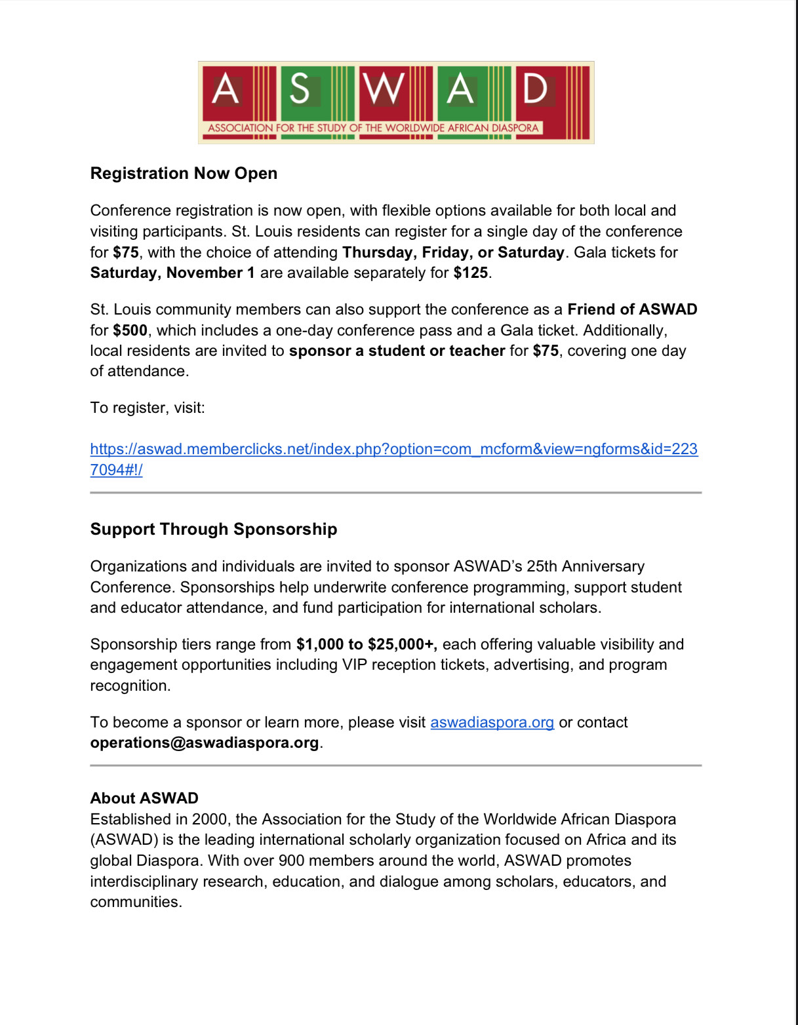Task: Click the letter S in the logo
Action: point(300,89)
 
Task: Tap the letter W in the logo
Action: point(384,89)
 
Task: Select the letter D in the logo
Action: point(535,89)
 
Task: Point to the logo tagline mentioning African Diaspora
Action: point(373,128)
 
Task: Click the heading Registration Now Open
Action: point(184,174)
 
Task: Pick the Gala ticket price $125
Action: point(470,273)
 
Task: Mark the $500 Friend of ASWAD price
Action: point(130,330)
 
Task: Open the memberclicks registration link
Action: point(393,450)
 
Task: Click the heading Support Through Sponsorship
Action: point(214,530)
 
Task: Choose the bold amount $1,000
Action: point(320,644)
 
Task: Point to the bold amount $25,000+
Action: point(402,644)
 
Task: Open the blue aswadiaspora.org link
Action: point(492,722)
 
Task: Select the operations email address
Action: point(205,743)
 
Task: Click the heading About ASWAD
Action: point(144,798)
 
